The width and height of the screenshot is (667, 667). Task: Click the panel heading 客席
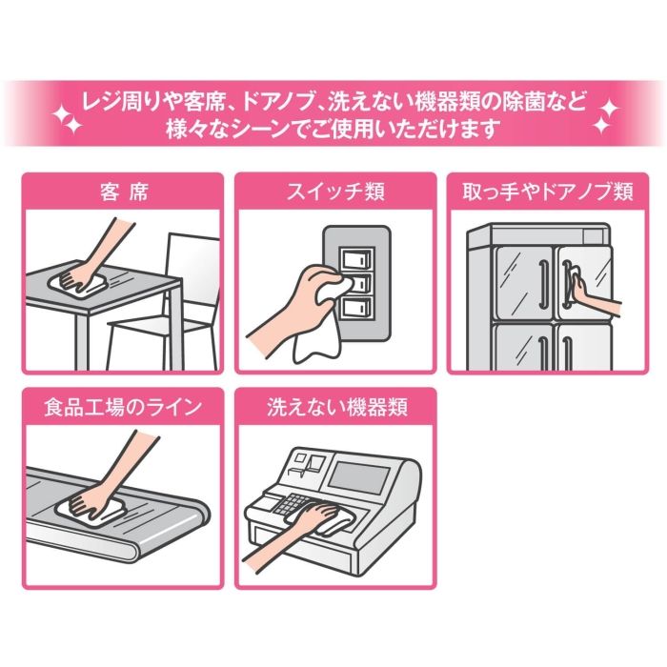124,192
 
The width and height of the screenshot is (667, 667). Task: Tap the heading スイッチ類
335,192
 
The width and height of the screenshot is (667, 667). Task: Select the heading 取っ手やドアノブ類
548,192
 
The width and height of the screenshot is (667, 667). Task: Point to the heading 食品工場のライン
123,407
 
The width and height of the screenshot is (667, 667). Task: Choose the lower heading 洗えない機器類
337,407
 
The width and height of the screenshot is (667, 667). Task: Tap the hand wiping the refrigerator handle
596,295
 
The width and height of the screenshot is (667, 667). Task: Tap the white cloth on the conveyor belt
91,508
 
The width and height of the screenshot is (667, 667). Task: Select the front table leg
82,340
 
